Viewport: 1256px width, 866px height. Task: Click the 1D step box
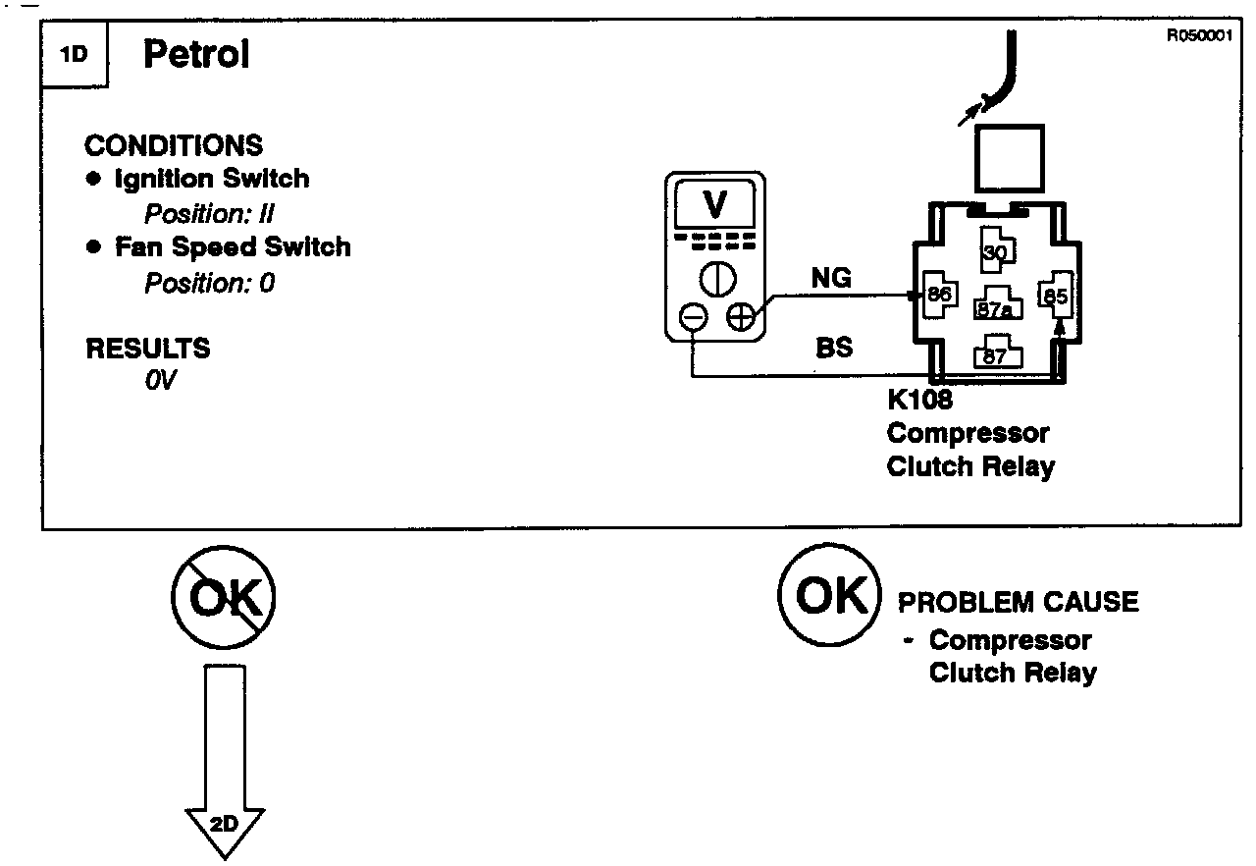click(x=75, y=55)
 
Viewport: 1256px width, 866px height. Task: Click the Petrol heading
click(x=196, y=55)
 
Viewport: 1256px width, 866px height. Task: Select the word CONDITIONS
click(x=174, y=145)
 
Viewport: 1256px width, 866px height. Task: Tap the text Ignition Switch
click(x=211, y=179)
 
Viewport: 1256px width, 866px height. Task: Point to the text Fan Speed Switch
click(x=233, y=246)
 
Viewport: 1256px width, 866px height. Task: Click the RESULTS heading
click(x=148, y=349)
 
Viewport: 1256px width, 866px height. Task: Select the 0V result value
click(x=160, y=380)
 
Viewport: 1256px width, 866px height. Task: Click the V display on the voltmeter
click(x=715, y=204)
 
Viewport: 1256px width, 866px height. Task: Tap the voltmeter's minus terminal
click(x=693, y=317)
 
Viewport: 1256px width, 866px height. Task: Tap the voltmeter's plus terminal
click(x=740, y=317)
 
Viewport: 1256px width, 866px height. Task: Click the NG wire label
click(x=832, y=279)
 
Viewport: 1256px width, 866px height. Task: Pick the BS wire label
click(x=834, y=348)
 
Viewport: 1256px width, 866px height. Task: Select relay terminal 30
click(x=994, y=253)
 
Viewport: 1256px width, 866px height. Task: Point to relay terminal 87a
click(x=994, y=309)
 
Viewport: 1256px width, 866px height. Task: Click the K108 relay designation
click(x=919, y=401)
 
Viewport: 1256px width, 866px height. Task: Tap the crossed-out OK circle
click(x=224, y=596)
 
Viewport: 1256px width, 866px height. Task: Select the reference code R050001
click(x=1198, y=36)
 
